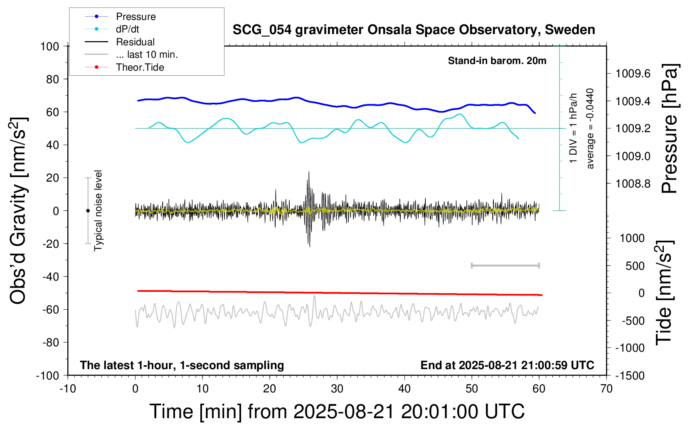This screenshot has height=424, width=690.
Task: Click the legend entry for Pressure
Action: coord(136,17)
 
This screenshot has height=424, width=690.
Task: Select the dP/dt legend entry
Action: coord(127,29)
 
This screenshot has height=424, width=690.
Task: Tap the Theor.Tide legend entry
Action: coord(140,67)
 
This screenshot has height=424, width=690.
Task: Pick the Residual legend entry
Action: coord(135,42)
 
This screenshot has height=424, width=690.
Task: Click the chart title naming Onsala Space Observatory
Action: coord(414,30)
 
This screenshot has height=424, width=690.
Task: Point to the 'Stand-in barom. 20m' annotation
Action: coord(497,61)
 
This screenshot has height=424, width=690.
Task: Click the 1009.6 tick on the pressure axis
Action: coord(633,74)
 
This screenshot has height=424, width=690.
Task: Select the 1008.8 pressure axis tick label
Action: coord(633,183)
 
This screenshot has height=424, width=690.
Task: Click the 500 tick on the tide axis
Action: coord(635,266)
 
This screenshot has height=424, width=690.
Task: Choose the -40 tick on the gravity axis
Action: coord(50,276)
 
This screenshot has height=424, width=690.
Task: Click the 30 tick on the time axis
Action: coord(337,389)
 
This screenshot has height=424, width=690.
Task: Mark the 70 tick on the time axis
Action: coord(606,389)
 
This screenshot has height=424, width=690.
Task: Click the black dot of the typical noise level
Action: coord(88,211)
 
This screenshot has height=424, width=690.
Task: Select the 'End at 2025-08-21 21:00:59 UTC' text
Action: coord(507,365)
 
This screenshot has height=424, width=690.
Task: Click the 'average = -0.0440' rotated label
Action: coord(590,128)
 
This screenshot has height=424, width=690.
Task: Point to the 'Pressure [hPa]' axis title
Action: coord(669,128)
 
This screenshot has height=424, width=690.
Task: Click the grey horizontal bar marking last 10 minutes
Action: coord(505,265)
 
